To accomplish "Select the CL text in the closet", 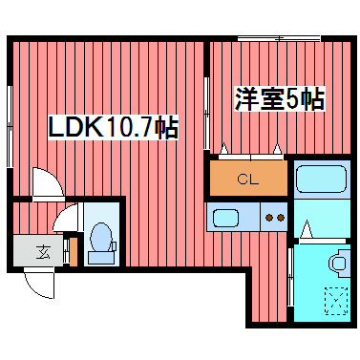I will (x=248, y=179).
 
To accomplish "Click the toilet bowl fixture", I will (x=99, y=243).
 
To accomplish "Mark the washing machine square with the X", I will (x=335, y=301).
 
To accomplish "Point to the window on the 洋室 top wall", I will (x=278, y=39).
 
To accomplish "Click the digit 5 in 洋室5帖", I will (x=294, y=98).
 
